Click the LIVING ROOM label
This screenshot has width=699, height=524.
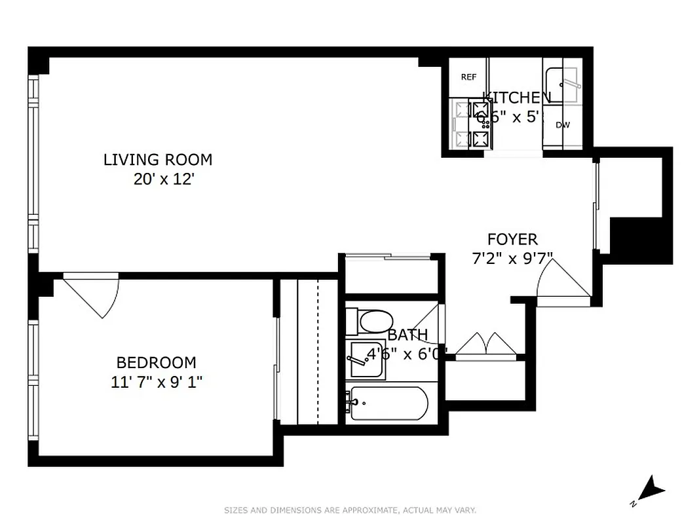click(x=158, y=159)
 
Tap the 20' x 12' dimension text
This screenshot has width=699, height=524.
click(x=164, y=179)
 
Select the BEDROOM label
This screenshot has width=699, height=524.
click(x=156, y=362)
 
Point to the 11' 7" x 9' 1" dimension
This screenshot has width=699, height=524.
click(x=157, y=382)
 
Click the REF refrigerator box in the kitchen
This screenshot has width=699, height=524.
click(x=468, y=77)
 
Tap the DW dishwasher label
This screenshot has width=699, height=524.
click(x=562, y=125)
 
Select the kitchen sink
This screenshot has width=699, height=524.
click(x=562, y=83)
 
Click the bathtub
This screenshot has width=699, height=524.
click(x=388, y=403)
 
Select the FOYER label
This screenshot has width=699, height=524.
click(x=512, y=240)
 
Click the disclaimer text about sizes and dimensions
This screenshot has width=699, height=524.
click(x=350, y=510)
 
